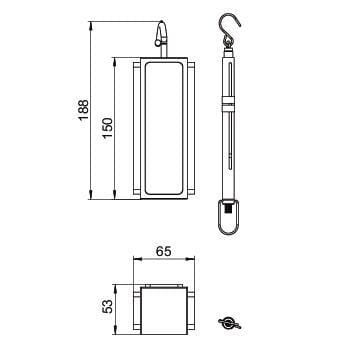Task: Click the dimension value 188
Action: click(x=83, y=110)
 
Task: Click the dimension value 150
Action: click(x=107, y=129)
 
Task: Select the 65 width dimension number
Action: click(x=164, y=251)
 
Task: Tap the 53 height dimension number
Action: click(x=107, y=306)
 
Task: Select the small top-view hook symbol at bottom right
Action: click(x=229, y=323)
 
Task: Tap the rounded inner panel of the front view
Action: click(x=164, y=128)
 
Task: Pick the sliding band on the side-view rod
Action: click(x=228, y=104)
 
